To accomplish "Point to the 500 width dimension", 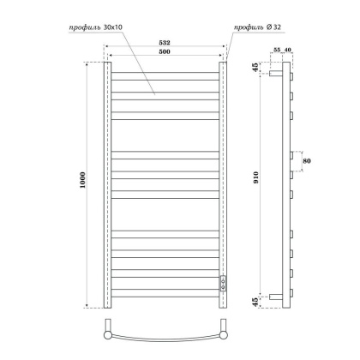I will [164, 54].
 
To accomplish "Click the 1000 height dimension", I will [81, 183].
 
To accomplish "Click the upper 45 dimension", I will [256, 68].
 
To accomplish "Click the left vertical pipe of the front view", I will [105, 183].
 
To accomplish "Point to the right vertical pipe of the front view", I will [223, 171].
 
